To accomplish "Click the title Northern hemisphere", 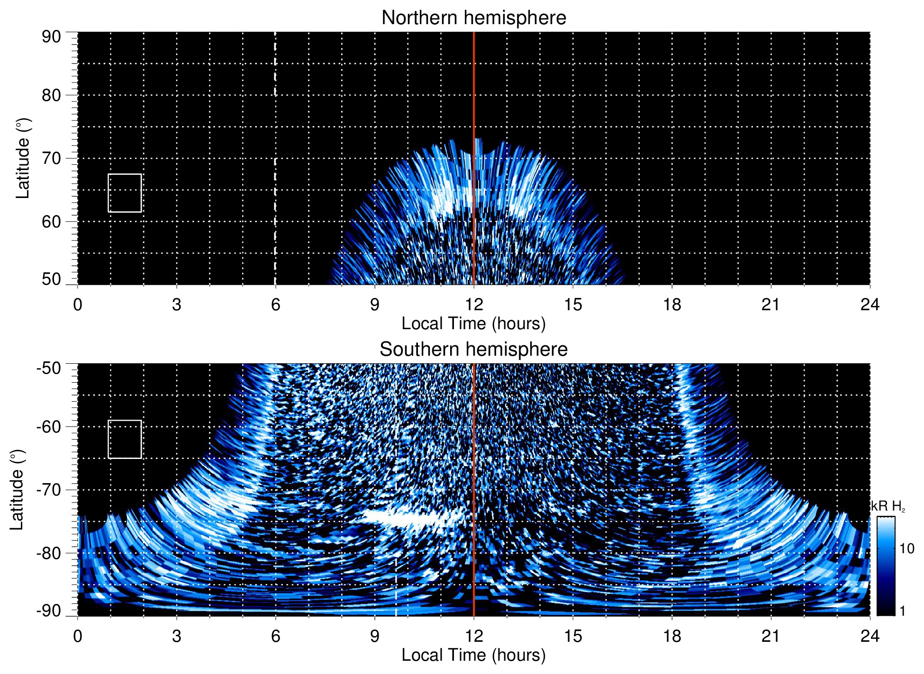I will pyautogui.click(x=473, y=18).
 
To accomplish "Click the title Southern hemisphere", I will pyautogui.click(x=473, y=350).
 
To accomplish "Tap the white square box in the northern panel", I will pyautogui.click(x=125, y=193).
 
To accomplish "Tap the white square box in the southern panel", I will pyautogui.click(x=125, y=439).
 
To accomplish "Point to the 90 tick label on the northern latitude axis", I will pyautogui.click(x=51, y=37).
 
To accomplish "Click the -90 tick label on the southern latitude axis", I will pyautogui.click(x=48, y=611).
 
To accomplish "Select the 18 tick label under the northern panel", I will pyautogui.click(x=671, y=305).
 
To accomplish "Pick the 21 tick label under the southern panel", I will pyautogui.click(x=770, y=636).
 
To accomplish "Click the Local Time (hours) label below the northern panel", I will pyautogui.click(x=473, y=324).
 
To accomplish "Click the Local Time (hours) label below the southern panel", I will pyautogui.click(x=473, y=655).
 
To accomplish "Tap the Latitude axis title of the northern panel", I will pyautogui.click(x=23, y=158).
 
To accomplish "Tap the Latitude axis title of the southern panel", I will pyautogui.click(x=17, y=490).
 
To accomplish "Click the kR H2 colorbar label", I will pyautogui.click(x=888, y=506).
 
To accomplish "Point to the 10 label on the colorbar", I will pyautogui.click(x=906, y=549).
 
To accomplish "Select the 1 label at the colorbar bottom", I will pyautogui.click(x=902, y=611).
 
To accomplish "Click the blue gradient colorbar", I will pyautogui.click(x=885, y=566).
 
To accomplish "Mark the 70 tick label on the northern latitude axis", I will pyautogui.click(x=51, y=158).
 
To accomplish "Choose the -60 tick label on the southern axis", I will pyautogui.click(x=48, y=427).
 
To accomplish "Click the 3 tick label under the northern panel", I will pyautogui.click(x=177, y=305).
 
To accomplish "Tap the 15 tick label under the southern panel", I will pyautogui.click(x=572, y=636).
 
